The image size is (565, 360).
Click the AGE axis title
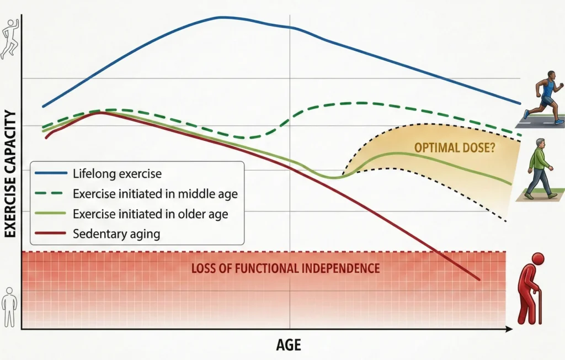(289, 346)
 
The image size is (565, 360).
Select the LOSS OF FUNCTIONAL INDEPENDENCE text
(285, 269)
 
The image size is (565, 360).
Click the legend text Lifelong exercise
(117, 173)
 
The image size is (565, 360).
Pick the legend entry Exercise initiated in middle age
(155, 193)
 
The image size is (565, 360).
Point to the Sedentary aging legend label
(116, 234)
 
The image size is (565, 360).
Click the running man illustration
(543, 97)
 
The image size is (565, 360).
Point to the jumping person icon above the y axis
(9, 39)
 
